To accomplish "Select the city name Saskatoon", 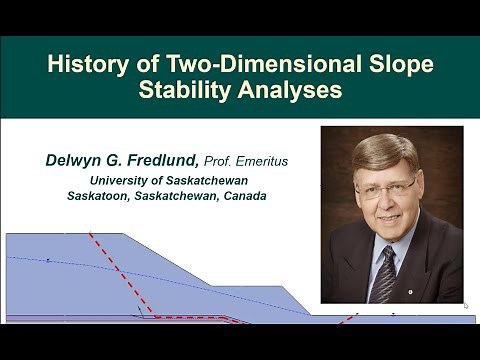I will coord(101,196).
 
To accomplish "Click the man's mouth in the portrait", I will coord(384,221).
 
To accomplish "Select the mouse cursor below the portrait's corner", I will coord(466,306).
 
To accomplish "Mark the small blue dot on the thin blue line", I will coord(47,260).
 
